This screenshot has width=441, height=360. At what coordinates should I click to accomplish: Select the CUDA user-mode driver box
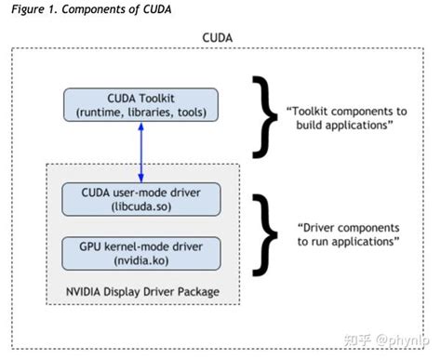coord(141,198)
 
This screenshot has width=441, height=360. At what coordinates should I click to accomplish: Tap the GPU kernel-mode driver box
coord(141,253)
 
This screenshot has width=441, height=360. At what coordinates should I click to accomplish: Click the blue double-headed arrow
coord(141,151)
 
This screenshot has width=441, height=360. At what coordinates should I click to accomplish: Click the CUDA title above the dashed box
coord(220,38)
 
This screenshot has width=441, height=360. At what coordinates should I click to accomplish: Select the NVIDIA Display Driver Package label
coord(141,292)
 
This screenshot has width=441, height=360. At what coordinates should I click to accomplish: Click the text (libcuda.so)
coord(141,206)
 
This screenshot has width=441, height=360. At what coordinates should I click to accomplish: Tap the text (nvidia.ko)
coord(141,260)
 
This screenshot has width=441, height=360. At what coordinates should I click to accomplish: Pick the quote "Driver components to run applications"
coord(350,233)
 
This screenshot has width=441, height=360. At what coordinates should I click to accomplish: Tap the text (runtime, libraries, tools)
coord(141,113)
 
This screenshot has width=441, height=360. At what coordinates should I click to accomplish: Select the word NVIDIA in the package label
coord(85,292)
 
